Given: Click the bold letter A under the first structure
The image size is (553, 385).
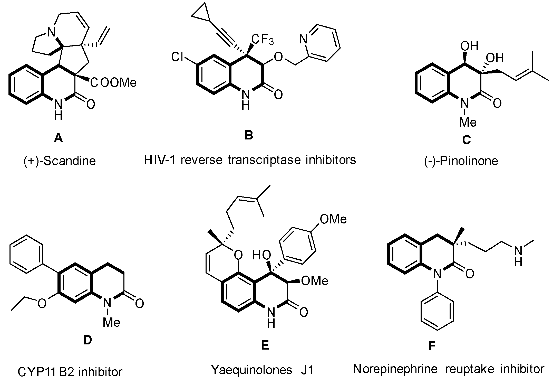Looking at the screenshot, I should click(x=58, y=139).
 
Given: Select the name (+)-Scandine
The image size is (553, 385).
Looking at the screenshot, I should click(x=60, y=161).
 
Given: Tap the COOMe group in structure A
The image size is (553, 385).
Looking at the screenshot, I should click(x=113, y=83).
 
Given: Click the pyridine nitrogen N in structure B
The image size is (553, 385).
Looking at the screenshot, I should click(x=303, y=39).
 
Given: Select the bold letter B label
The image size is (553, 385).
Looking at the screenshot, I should click(x=249, y=135).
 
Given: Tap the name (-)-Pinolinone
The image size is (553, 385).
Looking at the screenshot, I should click(x=461, y=161).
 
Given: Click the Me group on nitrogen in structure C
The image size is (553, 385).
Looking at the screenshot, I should click(x=468, y=122).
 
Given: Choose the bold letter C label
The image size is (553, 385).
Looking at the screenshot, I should click(x=466, y=140).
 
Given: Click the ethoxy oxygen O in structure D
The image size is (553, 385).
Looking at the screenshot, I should click(x=42, y=304).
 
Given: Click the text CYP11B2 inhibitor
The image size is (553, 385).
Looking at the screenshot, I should click(x=70, y=372).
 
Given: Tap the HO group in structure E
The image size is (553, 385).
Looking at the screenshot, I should click(x=261, y=255).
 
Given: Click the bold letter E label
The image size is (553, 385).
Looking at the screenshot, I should click(x=265, y=345).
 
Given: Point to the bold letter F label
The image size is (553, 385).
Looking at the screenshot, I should click(x=432, y=346).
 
